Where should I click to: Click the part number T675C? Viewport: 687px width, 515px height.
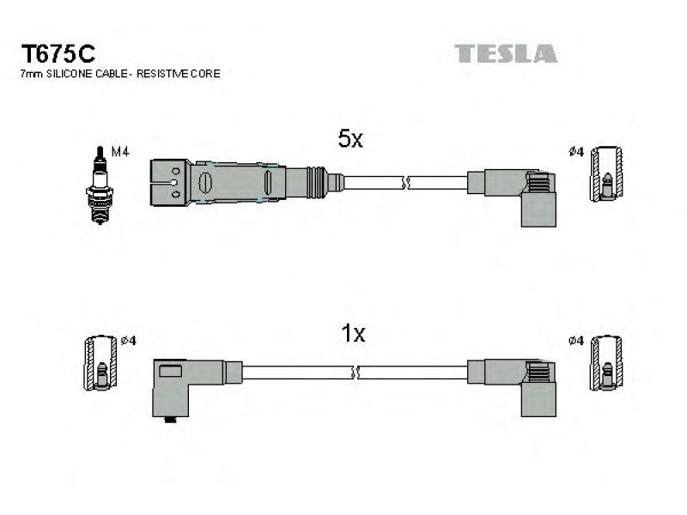[x=57, y=54]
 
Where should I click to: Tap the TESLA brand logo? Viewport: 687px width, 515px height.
[x=506, y=53]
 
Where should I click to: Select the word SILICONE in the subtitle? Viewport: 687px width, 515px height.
[x=76, y=75]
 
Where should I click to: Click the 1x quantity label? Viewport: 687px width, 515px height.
[x=353, y=333]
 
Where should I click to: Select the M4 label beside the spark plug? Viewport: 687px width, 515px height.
[x=120, y=152]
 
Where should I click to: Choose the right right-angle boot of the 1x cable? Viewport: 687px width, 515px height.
[x=523, y=379]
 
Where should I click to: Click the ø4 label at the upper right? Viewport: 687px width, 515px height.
[x=576, y=152]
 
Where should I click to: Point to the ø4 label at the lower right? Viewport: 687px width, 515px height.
[x=576, y=341]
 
